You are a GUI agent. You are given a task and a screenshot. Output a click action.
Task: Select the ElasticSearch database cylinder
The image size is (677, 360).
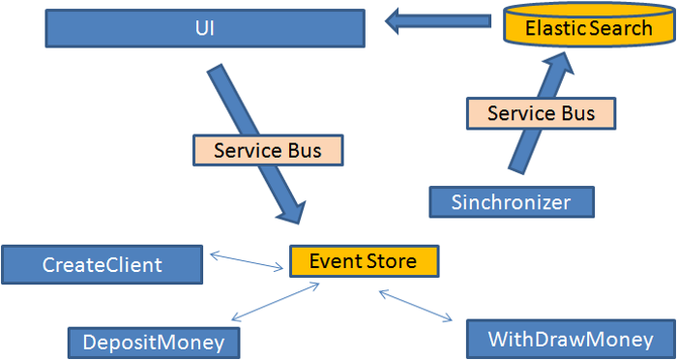pyautogui.click(x=588, y=27)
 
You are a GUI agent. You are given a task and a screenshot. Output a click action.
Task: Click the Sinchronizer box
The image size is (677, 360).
pyautogui.click(x=511, y=202)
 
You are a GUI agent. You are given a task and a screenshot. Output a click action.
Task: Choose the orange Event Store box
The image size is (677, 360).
pyautogui.click(x=364, y=260)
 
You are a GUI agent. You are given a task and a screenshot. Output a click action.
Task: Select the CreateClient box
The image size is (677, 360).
pyautogui.click(x=103, y=264)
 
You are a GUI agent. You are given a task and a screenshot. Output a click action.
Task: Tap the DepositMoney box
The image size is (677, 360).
pyautogui.click(x=153, y=342)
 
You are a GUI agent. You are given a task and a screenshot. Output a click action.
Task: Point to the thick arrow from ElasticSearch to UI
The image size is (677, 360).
pyautogui.click(x=441, y=19)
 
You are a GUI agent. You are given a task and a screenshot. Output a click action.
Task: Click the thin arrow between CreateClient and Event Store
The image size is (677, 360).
pyautogui.click(x=248, y=260)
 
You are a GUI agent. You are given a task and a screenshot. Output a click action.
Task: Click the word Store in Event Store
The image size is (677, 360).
pyautogui.click(x=391, y=260)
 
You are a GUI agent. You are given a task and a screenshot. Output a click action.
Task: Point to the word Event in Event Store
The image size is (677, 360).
pyautogui.click(x=331, y=260)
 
